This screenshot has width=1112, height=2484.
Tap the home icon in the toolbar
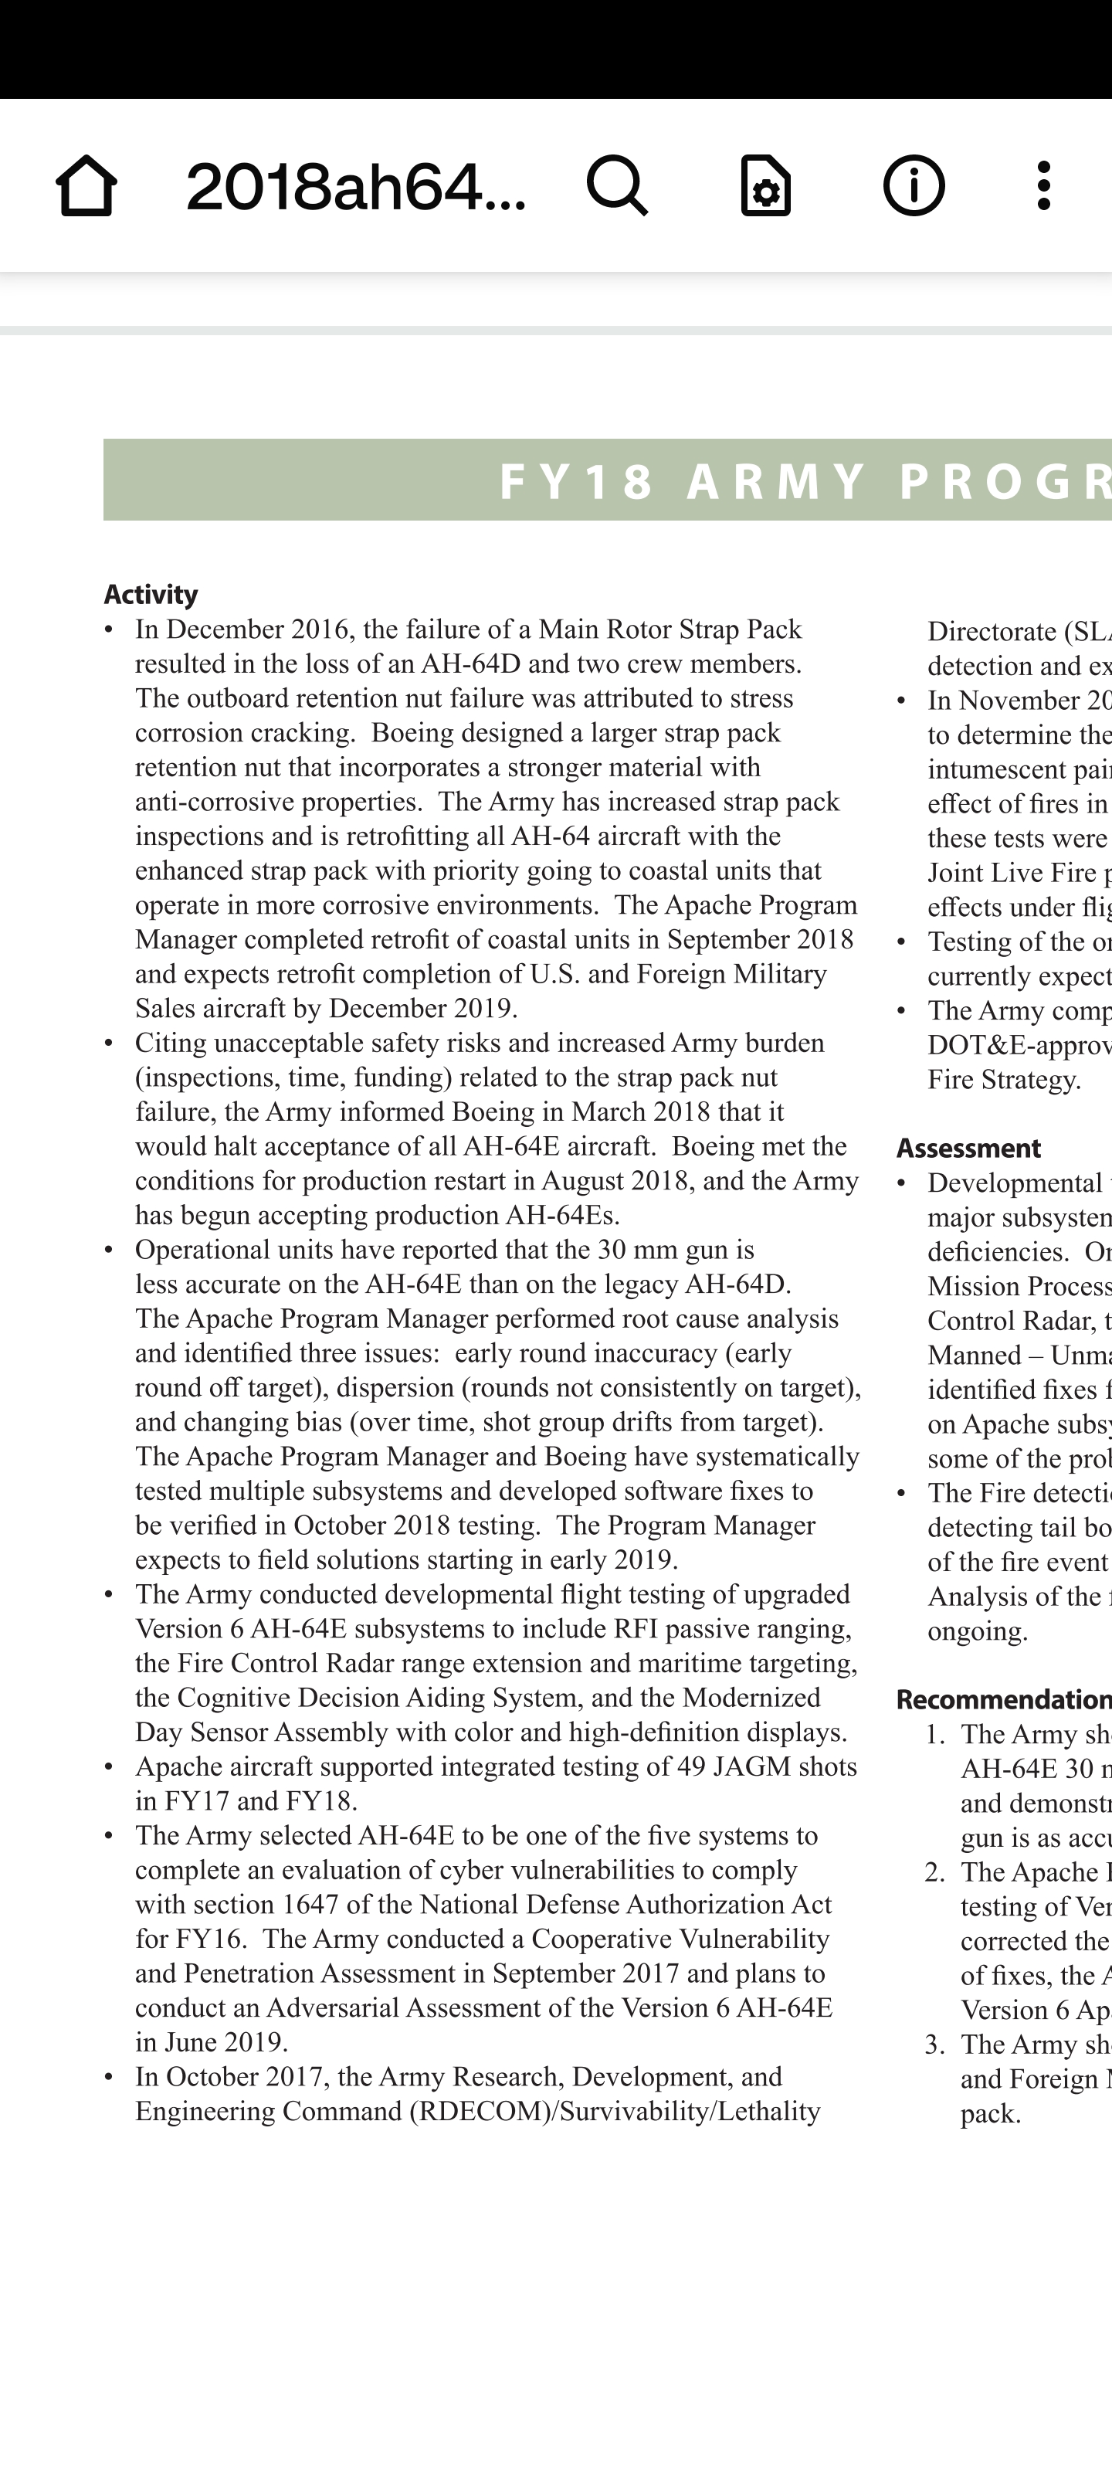(x=86, y=185)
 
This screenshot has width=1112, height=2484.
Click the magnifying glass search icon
(x=617, y=185)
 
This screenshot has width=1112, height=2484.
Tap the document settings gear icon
(x=766, y=185)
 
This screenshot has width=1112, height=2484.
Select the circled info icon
(x=914, y=185)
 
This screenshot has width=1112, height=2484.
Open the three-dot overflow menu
(x=1042, y=185)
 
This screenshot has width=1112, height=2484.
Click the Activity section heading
(x=151, y=594)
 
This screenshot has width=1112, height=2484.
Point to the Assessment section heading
(x=968, y=1148)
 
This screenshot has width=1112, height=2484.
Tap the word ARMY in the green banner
(x=776, y=481)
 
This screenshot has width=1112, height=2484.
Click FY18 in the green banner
(x=577, y=481)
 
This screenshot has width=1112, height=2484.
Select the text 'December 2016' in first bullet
(x=256, y=629)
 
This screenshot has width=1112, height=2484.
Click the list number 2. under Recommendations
(x=934, y=1872)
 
